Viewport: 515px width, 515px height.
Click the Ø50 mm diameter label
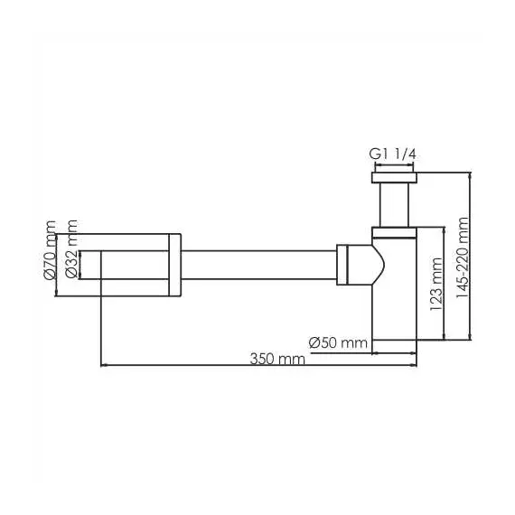338,342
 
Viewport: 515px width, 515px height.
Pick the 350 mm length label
278,359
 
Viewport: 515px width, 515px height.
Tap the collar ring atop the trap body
395,232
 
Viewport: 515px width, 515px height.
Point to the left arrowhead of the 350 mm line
103,365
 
